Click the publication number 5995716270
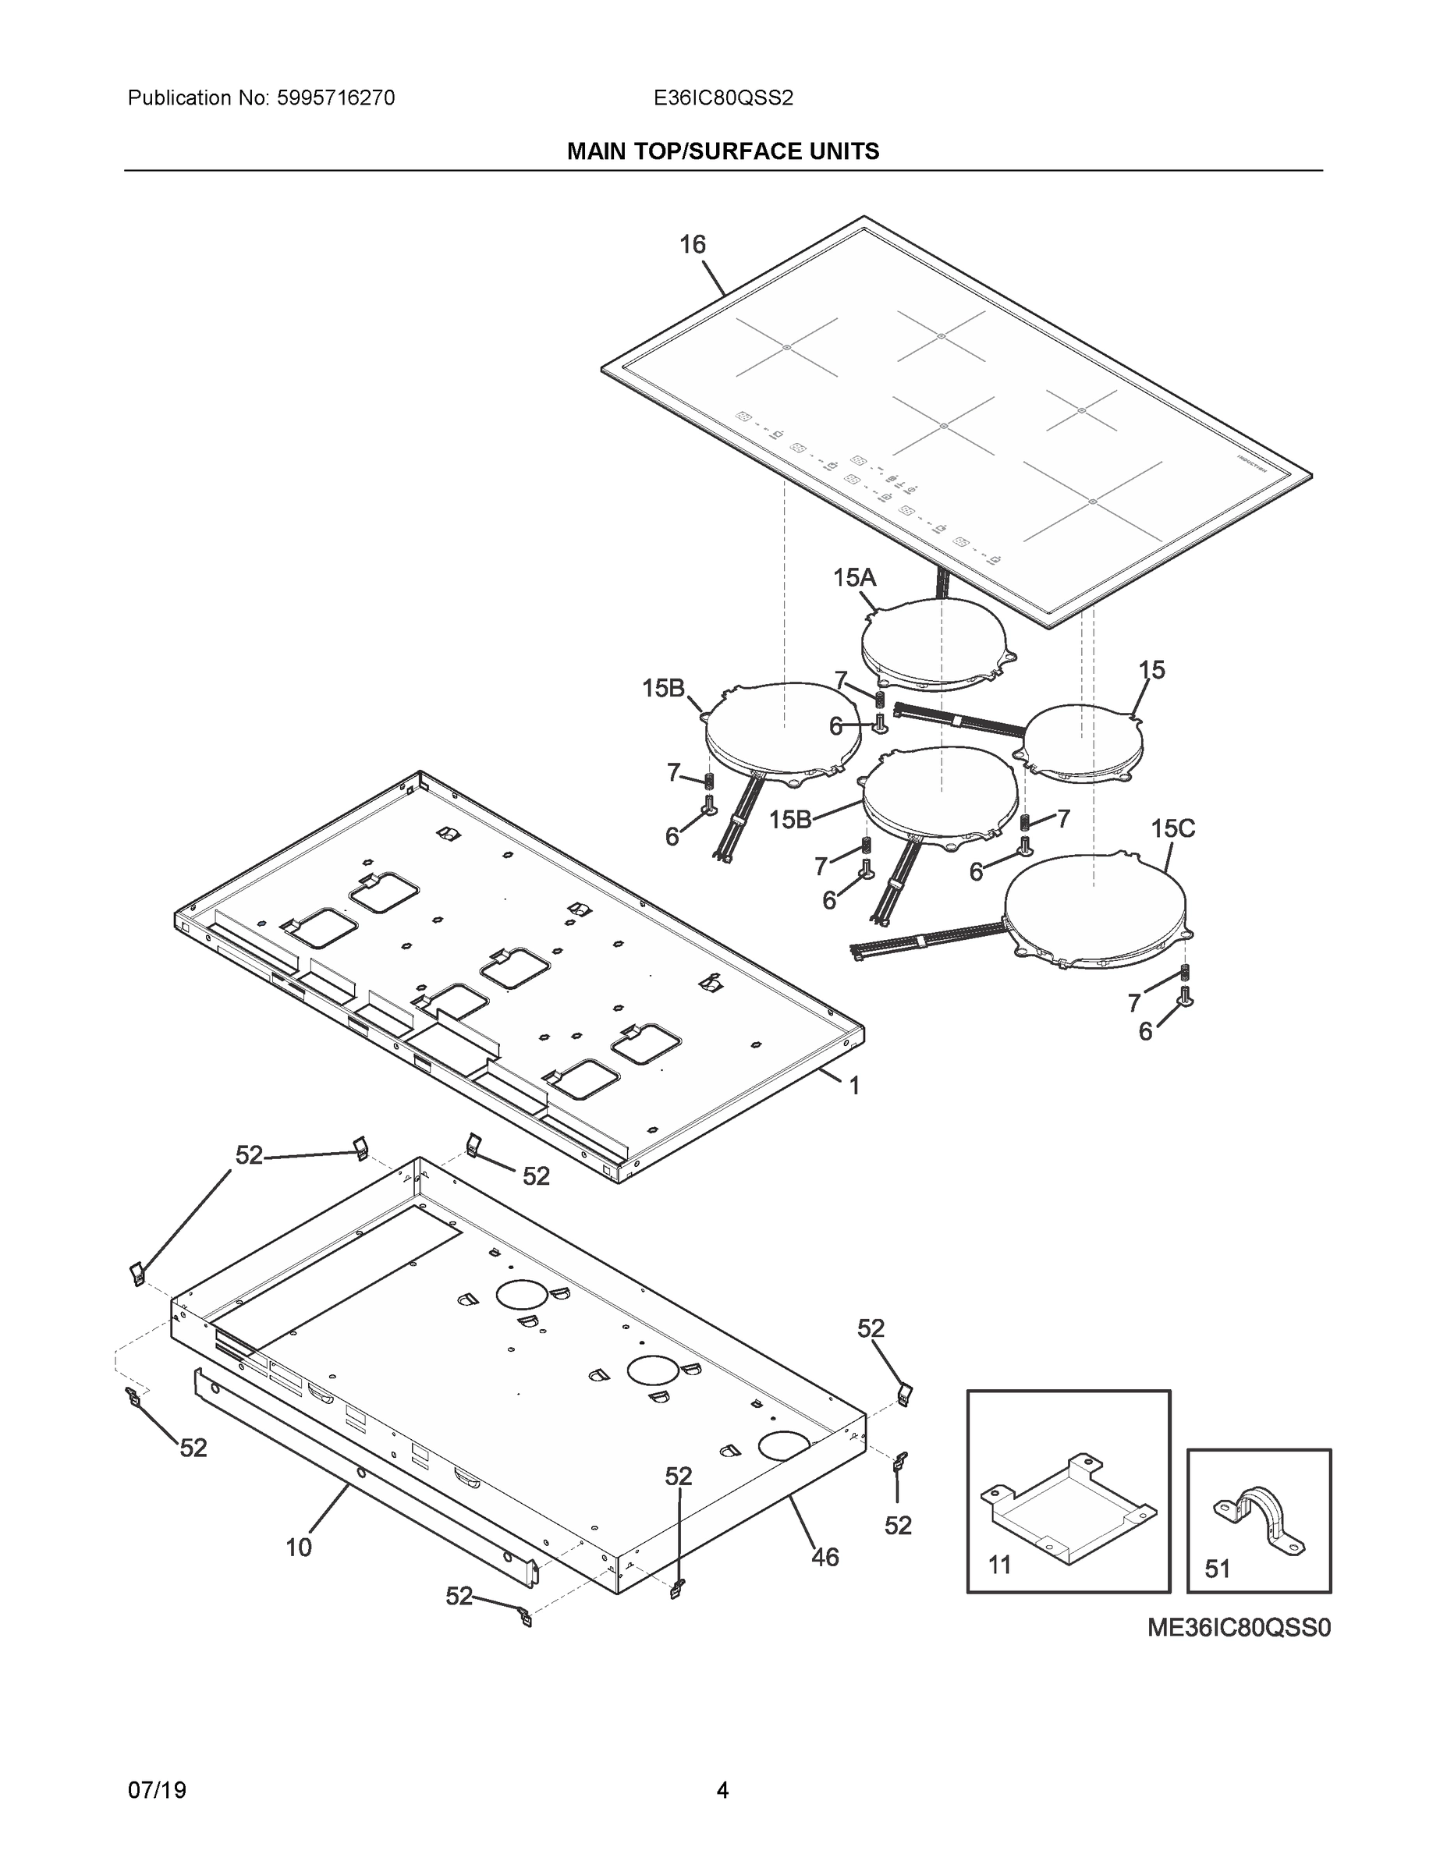pos(335,98)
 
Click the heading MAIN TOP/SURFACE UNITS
pos(722,152)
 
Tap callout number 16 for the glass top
pos(692,245)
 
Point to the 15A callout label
pos(854,579)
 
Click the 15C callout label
pos(1172,829)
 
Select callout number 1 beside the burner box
pos(854,1087)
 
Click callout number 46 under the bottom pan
pos(825,1558)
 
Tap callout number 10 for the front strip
pos(298,1548)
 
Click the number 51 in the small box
pos(1217,1569)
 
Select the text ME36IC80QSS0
pos(1239,1628)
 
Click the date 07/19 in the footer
pos(157,1791)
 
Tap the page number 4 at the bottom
pos(722,1791)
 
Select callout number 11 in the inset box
pos(999,1565)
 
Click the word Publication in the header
pos(179,98)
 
